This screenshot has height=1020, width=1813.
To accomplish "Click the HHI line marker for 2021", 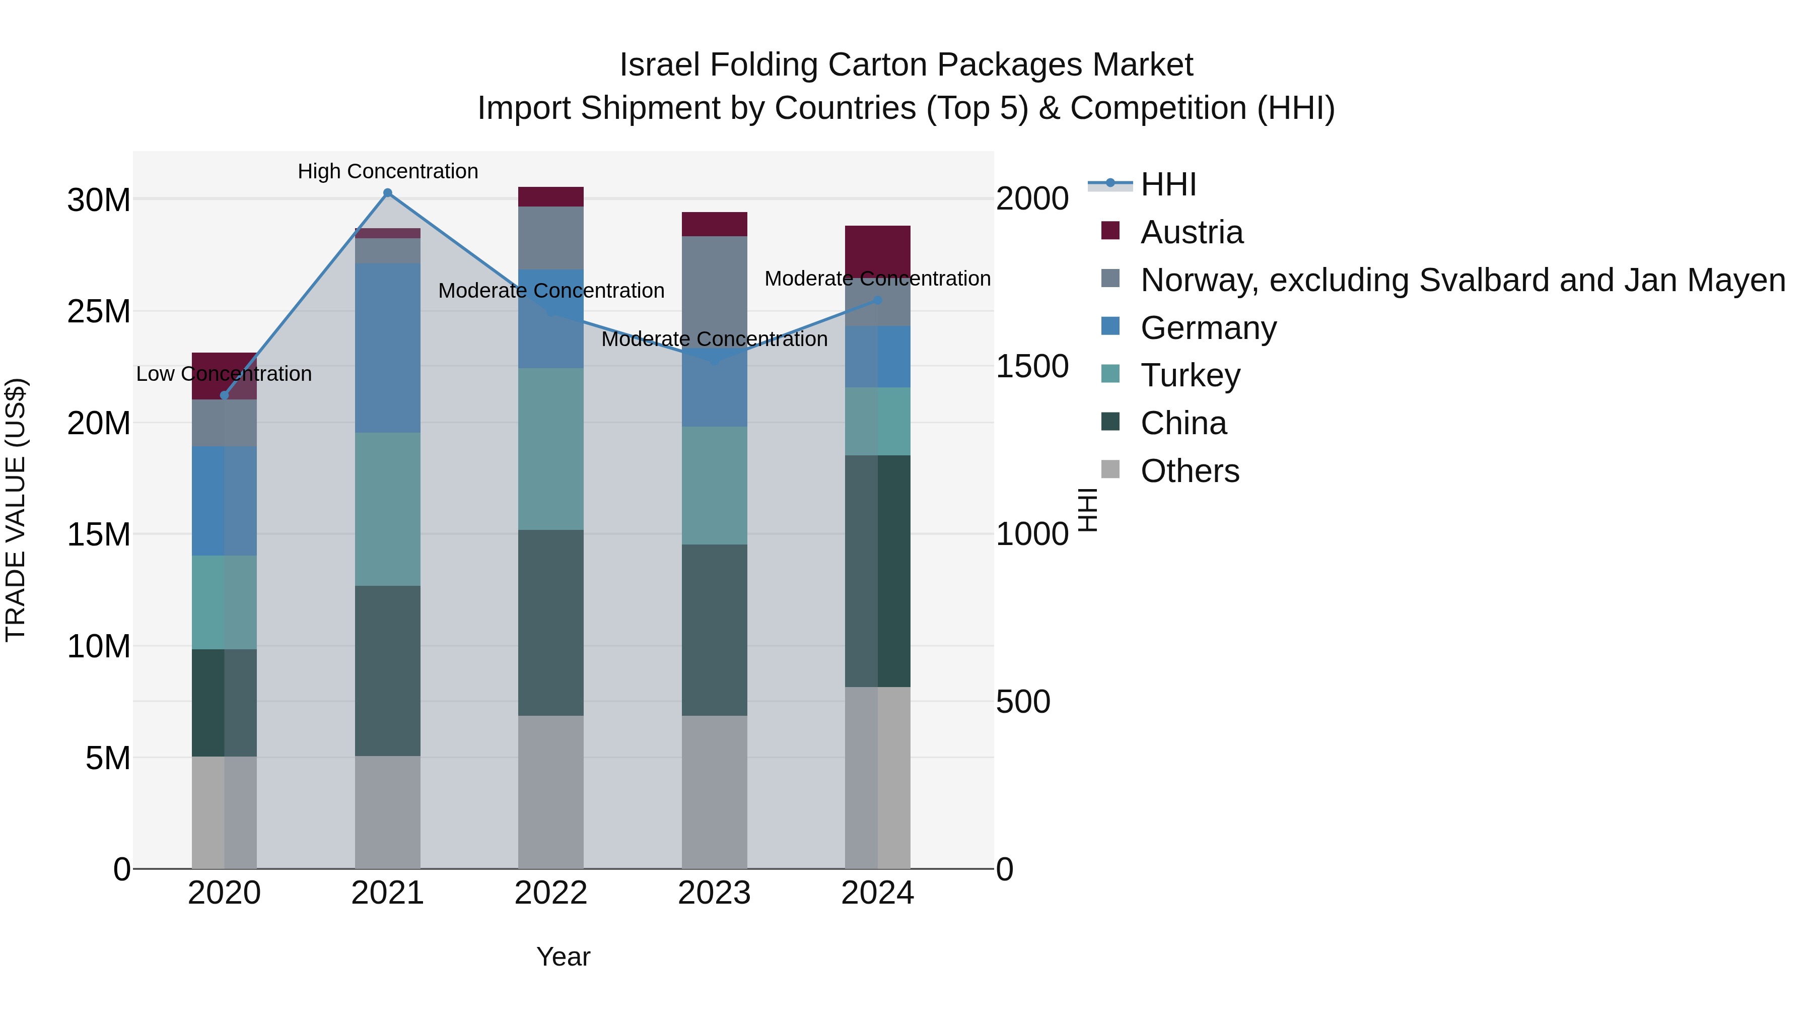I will [387, 193].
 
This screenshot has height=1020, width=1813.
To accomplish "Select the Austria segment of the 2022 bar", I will [550, 196].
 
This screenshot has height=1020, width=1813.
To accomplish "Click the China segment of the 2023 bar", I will [714, 630].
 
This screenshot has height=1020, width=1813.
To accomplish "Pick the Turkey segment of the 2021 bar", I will [387, 509].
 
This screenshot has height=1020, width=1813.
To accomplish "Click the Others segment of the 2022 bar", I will [550, 792].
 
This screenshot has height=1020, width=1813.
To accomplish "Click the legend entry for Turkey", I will [1190, 375].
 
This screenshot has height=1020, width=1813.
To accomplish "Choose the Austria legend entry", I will [1191, 232].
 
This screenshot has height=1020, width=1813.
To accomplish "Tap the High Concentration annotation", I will [388, 171].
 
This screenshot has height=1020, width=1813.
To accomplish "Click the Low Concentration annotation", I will [224, 374].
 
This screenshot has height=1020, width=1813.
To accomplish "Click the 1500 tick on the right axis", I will [1032, 366].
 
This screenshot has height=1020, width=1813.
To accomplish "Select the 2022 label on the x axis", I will [550, 893].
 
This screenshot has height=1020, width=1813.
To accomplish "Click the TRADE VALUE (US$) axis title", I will [16, 510].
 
